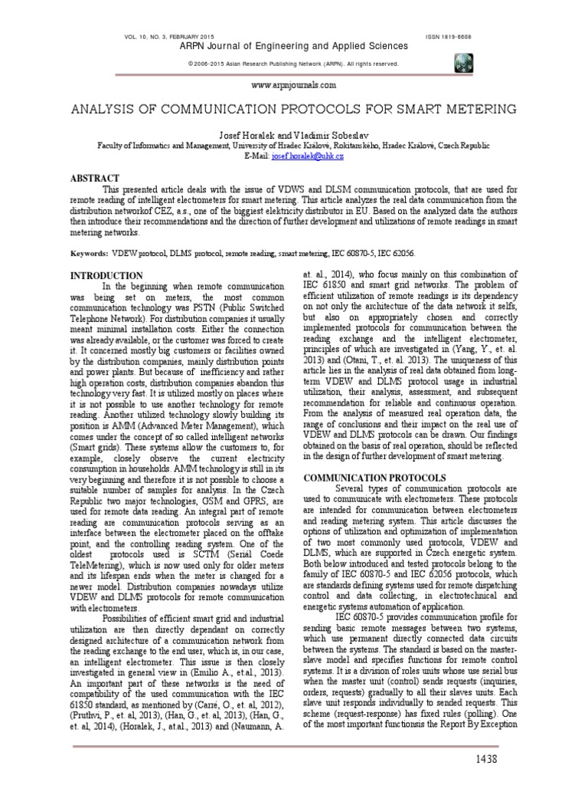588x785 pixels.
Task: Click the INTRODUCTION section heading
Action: point(107,275)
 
